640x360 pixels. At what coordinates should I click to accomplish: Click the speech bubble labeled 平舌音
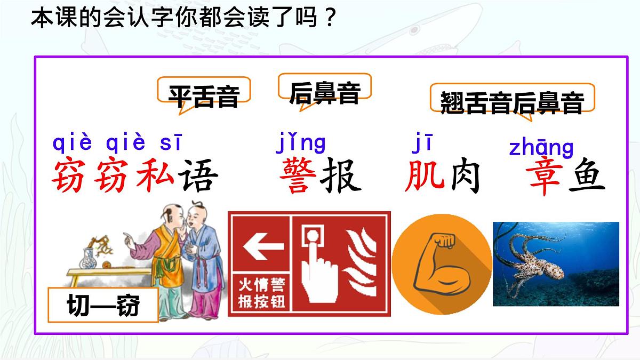[204, 95]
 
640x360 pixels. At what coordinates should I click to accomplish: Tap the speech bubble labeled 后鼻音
[325, 92]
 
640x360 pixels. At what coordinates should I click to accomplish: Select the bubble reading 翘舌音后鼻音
[512, 101]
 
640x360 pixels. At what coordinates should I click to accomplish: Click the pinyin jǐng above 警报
[300, 143]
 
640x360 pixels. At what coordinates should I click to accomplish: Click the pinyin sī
[171, 143]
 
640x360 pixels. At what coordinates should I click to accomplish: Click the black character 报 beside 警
[340, 175]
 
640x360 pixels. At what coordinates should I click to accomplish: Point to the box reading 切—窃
[103, 306]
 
